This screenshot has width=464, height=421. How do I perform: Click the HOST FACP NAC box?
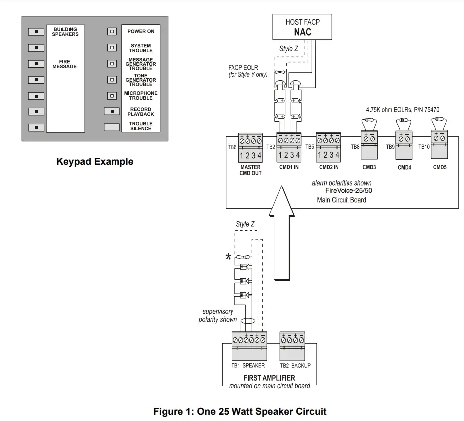[x=302, y=27]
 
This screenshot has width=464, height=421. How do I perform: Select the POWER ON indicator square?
[x=113, y=31]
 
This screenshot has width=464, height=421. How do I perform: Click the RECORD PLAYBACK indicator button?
[x=112, y=111]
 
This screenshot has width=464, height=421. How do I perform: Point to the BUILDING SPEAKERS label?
[x=65, y=32]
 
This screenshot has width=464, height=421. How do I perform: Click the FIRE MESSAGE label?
[x=65, y=64]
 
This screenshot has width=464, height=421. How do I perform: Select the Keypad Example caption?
[x=95, y=162]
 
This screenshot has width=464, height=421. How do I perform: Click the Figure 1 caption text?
[x=239, y=411]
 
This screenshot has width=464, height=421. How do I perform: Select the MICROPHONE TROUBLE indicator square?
[x=113, y=96]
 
